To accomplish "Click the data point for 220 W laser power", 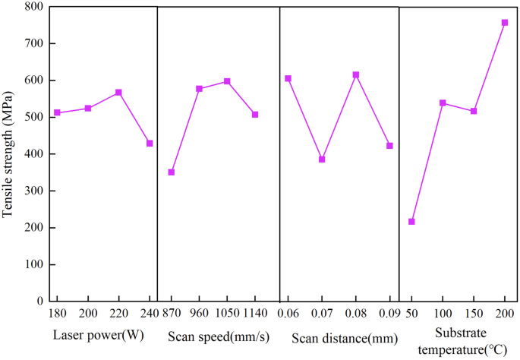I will coord(118,93).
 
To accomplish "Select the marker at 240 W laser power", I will coord(150,143).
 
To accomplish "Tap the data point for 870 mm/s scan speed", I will coord(172,172).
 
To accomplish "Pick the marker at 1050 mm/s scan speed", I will coord(227,81).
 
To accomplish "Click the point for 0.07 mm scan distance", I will coord(322,159).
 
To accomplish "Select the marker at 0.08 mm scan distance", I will coord(355,75).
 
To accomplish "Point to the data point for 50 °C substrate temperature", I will coord(411,222).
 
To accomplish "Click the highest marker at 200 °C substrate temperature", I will coord(505,23).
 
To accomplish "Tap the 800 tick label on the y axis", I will coord(33,7).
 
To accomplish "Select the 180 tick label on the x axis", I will coord(57,314).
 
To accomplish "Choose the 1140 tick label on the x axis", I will coord(256,314).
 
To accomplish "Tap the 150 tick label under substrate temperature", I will coord(474,314).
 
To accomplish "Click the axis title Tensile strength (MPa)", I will coord(8,153).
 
